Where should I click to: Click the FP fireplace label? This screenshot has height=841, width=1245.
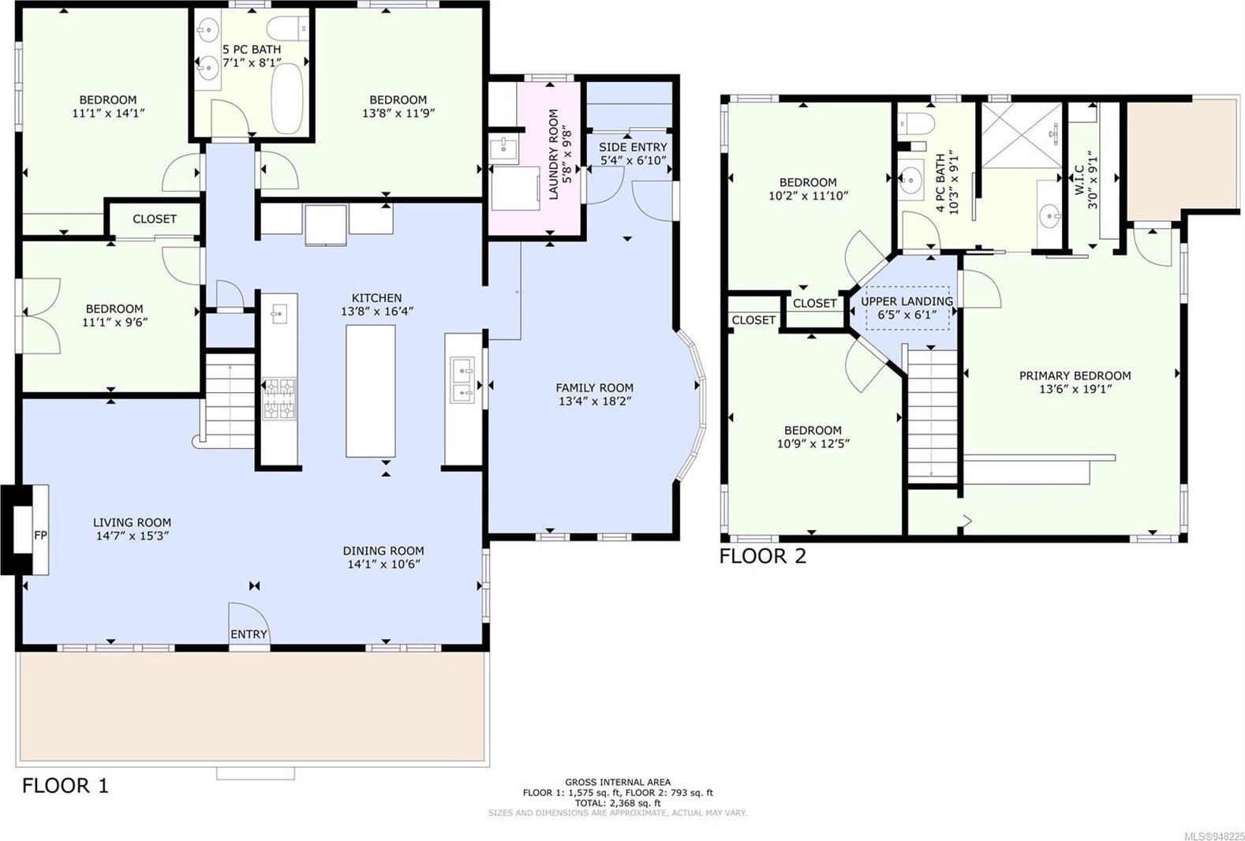point(40,535)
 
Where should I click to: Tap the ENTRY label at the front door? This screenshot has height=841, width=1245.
point(249,634)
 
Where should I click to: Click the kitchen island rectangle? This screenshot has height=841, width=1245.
point(371,391)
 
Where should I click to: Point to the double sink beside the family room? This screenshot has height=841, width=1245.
point(463,380)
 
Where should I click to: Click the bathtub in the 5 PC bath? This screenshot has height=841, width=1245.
point(287,99)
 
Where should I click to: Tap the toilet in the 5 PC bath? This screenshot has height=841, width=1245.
point(287,28)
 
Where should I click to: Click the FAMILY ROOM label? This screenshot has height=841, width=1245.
point(595,388)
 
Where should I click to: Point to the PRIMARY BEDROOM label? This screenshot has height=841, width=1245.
point(1075,376)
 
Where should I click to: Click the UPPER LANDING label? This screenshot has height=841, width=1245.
point(907,301)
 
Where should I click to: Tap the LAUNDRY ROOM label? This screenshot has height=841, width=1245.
point(554,155)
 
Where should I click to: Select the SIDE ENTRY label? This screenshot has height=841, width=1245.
point(633,148)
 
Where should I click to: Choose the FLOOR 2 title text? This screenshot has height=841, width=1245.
point(763,556)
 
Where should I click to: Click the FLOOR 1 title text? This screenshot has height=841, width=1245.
point(65,786)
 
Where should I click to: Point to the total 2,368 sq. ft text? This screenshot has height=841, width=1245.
point(618,802)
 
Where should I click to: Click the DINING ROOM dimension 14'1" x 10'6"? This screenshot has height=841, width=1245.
point(383,564)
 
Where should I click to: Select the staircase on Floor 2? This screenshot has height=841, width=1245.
point(932,416)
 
